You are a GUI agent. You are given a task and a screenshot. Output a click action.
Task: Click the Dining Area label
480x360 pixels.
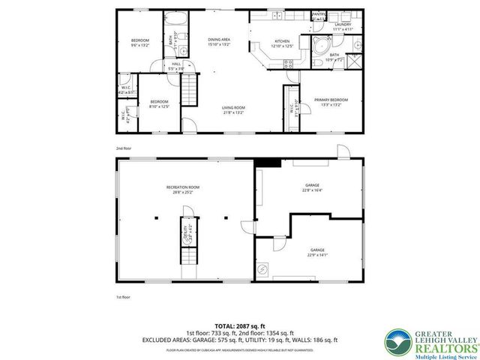[x=218, y=41]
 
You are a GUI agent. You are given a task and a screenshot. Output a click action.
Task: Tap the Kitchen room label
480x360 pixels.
[x=281, y=42]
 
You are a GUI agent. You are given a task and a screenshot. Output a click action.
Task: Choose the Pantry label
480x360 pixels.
[x=319, y=16]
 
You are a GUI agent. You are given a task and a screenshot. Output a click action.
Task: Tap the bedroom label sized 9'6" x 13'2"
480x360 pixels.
[x=141, y=42]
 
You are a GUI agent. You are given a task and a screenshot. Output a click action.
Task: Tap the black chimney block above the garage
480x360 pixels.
[x=268, y=162]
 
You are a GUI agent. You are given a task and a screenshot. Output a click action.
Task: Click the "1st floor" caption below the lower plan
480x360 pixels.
[x=124, y=298]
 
